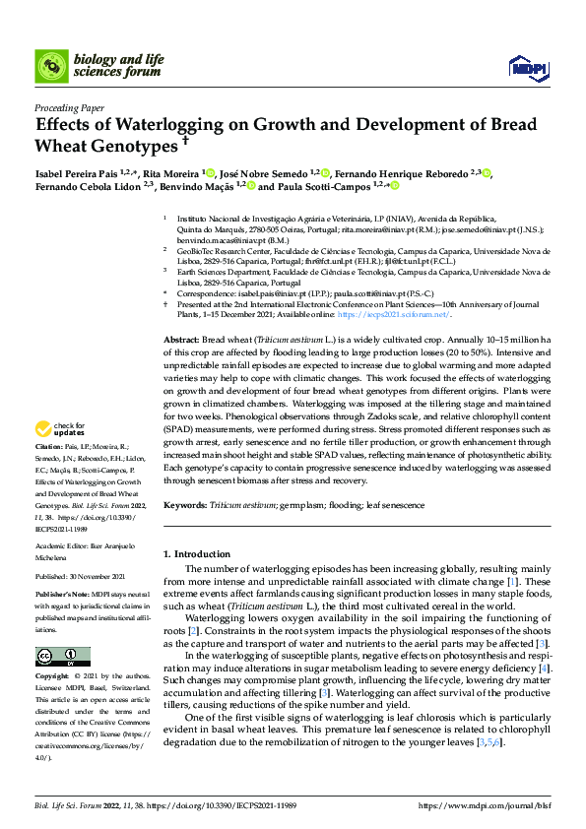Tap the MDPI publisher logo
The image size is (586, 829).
(x=522, y=66)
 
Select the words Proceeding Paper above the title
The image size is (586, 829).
(x=69, y=107)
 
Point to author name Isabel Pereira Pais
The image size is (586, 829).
(x=76, y=171)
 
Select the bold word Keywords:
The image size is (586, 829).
(x=185, y=504)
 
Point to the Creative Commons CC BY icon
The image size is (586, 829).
(x=62, y=657)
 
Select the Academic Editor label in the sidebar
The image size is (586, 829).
(x=61, y=545)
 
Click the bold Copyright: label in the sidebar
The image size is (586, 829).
(x=52, y=677)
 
